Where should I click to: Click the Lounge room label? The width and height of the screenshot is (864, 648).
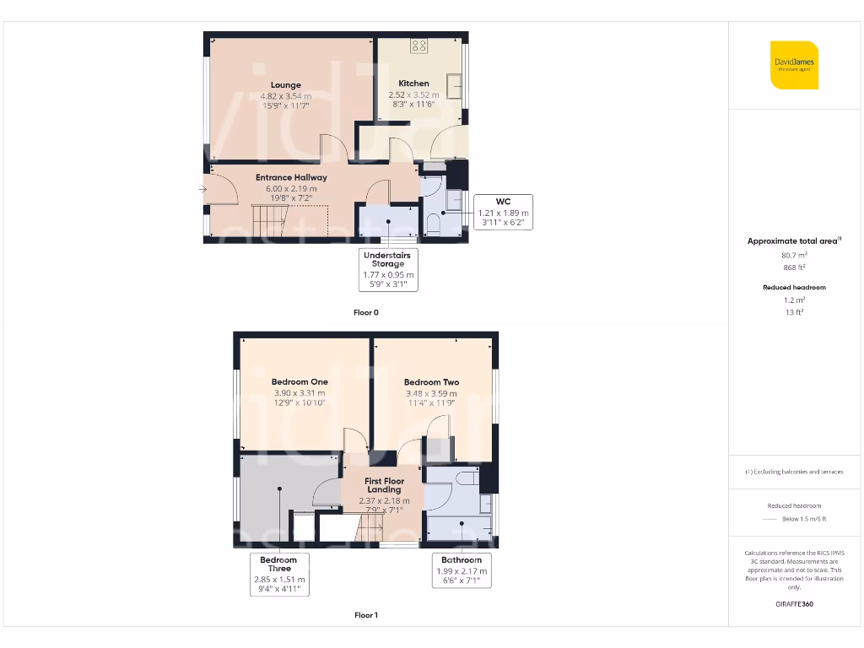tap(286, 85)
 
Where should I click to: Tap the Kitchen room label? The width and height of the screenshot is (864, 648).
tap(413, 84)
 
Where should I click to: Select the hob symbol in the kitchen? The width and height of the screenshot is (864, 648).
tap(419, 46)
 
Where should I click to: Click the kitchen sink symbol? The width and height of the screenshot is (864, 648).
tap(455, 86)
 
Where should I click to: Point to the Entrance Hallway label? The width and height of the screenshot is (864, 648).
tap(291, 178)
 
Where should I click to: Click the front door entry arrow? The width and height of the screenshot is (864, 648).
tap(202, 190)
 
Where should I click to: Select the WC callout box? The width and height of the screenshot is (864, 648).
tap(503, 213)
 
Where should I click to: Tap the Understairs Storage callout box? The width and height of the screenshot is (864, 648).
tap(388, 269)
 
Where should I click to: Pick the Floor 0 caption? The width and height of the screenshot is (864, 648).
tap(366, 312)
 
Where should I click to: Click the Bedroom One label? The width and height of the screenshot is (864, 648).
tap(300, 382)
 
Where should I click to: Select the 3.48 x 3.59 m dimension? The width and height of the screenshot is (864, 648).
tap(430, 393)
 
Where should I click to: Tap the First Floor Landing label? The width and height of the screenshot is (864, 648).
tap(384, 485)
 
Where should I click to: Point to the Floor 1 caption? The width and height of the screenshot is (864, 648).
tap(366, 615)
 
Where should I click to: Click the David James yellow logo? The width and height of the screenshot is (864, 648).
tap(794, 65)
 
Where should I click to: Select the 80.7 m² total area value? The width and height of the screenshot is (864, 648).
tap(794, 254)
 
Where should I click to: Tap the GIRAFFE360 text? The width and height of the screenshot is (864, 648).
tap(794, 604)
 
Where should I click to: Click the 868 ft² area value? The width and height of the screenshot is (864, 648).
tap(794, 267)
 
